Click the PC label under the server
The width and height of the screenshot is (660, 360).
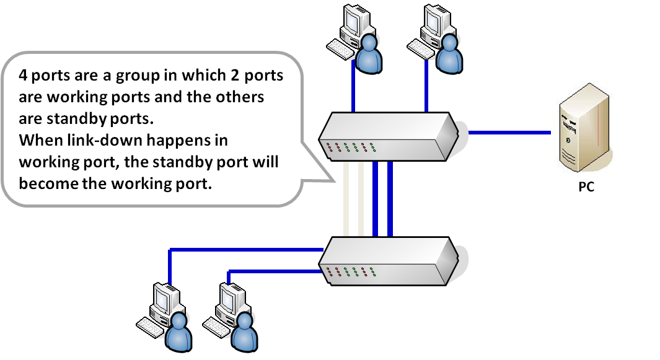coord(586,186)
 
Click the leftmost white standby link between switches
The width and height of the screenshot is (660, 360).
coord(346,198)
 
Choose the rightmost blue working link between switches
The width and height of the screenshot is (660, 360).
coord(390,198)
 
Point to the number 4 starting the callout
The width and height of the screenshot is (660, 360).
coord(22,76)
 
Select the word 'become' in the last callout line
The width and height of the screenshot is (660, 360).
coord(45,184)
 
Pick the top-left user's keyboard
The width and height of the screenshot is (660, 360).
coord(340,48)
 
